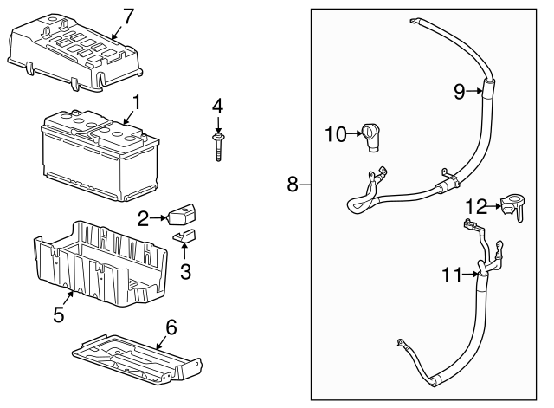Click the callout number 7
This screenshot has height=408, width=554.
[128, 15]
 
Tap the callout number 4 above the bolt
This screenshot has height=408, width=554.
[217, 106]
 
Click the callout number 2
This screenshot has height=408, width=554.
[144, 220]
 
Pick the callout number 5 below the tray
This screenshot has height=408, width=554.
[59, 314]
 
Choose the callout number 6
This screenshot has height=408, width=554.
[171, 327]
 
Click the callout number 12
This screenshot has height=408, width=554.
[476, 206]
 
